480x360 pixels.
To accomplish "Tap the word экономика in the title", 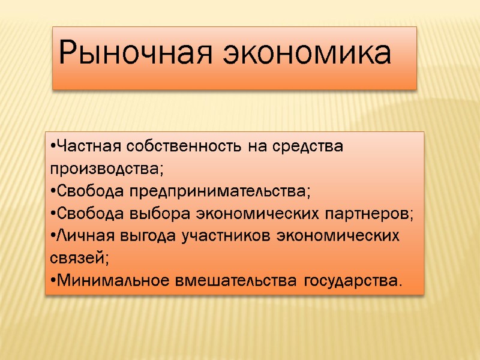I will point(307,56).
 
